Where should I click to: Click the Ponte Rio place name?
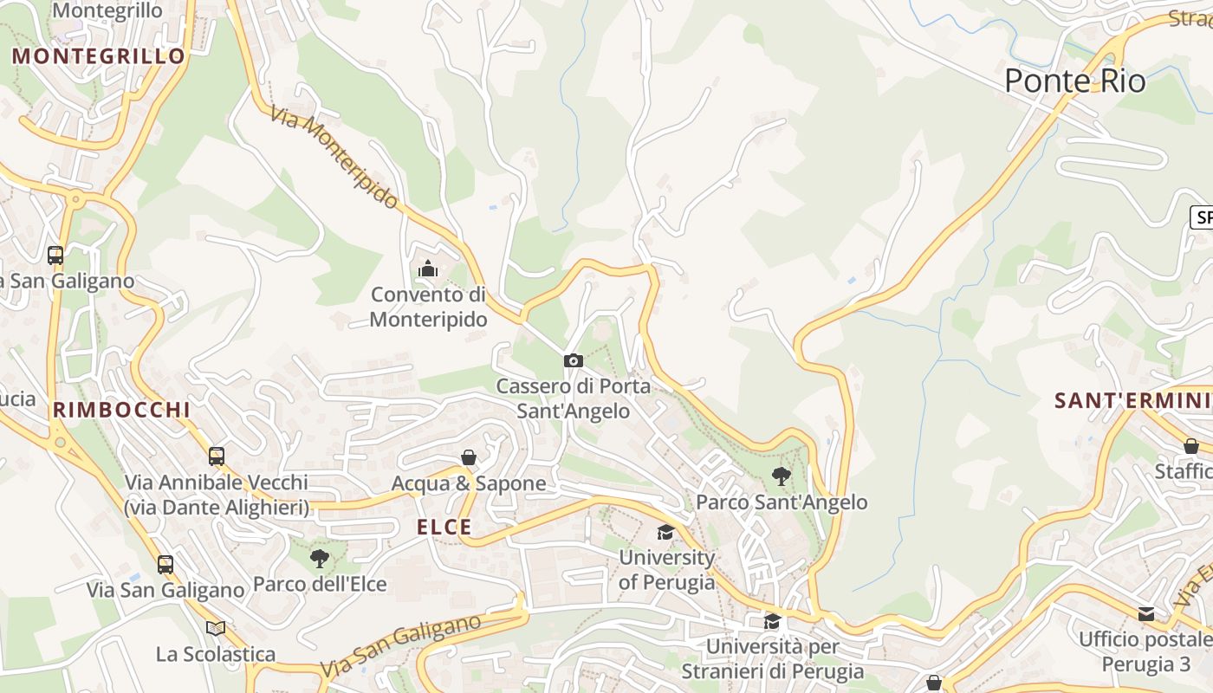coord(1074,81)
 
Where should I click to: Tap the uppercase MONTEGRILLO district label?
coord(99,56)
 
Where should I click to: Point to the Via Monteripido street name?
coord(334,158)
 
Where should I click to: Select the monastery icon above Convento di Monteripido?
coord(427,269)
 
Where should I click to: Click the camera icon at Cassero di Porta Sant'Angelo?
coord(573,360)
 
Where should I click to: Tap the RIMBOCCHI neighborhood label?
coord(120,410)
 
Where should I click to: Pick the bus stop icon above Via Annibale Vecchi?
coord(216,456)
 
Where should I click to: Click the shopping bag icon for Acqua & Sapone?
coord(469,457)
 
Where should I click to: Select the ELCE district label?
coord(444,527)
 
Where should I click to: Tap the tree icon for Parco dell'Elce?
coord(319,558)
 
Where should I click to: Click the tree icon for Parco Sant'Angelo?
coord(781,476)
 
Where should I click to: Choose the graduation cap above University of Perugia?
coord(665,532)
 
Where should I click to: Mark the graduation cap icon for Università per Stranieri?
coord(771,620)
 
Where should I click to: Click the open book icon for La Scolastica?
coord(216,627)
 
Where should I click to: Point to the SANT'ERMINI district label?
coord(1132,400)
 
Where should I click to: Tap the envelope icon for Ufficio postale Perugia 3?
coord(1146,614)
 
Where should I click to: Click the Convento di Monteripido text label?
coord(428,307)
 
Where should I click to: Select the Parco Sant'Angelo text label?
coord(782,502)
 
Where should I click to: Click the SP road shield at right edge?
coord(1202,217)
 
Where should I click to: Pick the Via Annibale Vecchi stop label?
coord(216,495)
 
